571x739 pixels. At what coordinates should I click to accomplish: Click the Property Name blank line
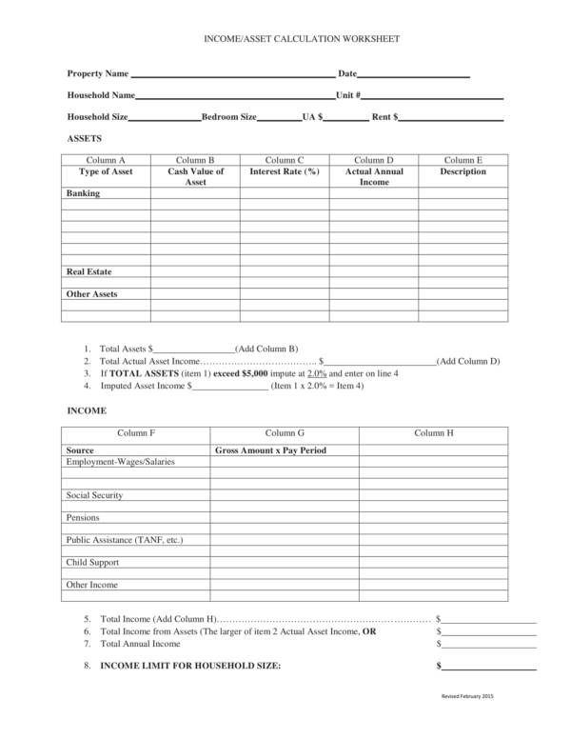tap(232, 76)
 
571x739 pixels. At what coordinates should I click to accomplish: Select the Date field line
tap(414, 76)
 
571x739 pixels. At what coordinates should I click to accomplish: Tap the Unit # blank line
tap(432, 98)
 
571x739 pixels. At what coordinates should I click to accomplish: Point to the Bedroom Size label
tap(228, 117)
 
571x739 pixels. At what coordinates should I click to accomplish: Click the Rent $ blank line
tap(451, 120)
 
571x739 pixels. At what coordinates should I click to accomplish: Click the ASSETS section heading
tap(84, 138)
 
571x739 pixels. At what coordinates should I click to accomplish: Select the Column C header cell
tap(284, 160)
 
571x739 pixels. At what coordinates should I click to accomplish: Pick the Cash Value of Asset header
tap(195, 176)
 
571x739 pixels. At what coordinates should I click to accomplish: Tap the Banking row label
tap(83, 193)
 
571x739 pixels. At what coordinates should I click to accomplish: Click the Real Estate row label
tap(89, 271)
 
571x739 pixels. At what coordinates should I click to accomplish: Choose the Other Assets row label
tap(91, 294)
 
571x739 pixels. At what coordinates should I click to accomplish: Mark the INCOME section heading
tap(86, 410)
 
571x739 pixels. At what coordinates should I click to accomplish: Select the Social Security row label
tap(94, 495)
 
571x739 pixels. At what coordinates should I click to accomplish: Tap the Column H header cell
tap(434, 432)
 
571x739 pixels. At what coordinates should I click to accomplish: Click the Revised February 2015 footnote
tap(468, 697)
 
